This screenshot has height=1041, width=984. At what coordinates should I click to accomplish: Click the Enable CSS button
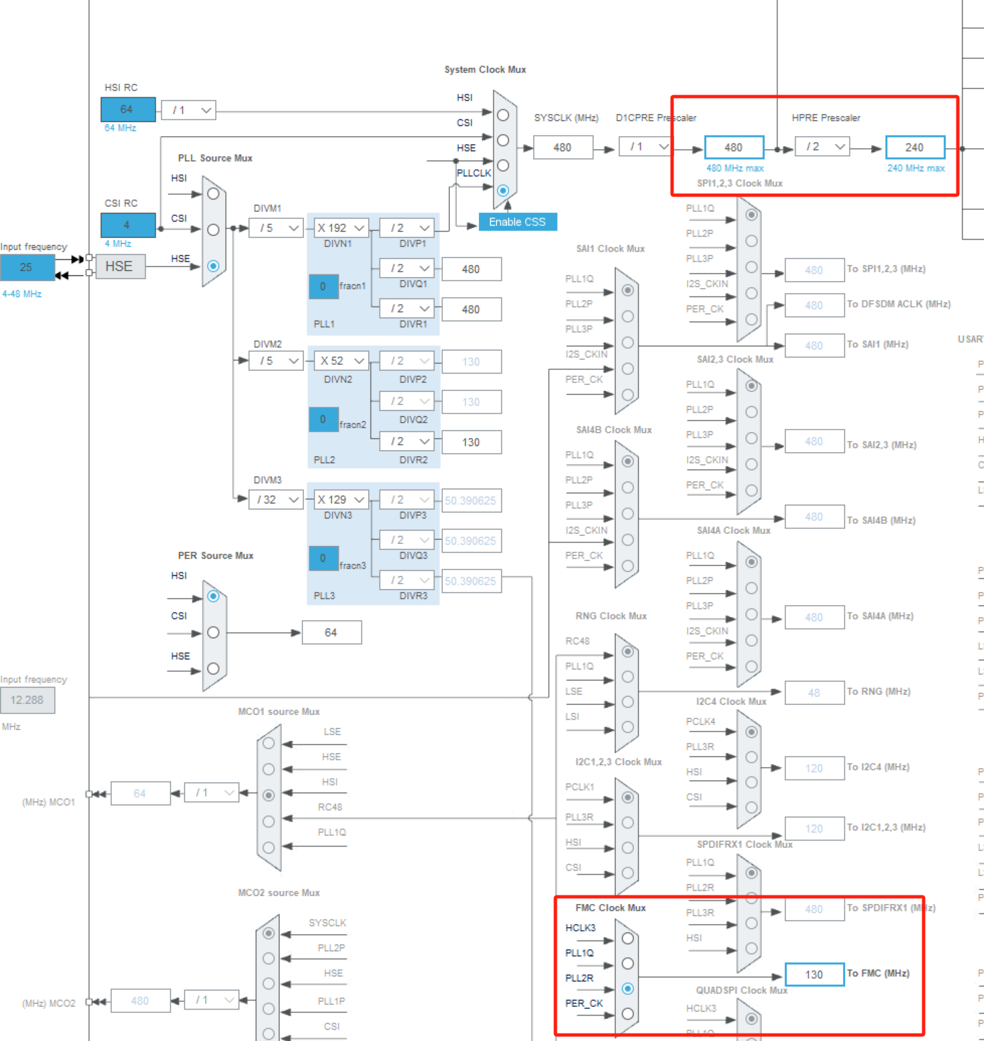click(x=517, y=222)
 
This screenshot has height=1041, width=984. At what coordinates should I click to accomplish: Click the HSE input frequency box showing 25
click(x=27, y=267)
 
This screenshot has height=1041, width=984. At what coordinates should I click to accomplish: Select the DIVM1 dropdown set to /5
click(x=276, y=228)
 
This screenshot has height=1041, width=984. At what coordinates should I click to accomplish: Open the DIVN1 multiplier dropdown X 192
click(x=341, y=228)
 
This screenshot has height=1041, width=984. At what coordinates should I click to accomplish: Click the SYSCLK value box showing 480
click(x=563, y=148)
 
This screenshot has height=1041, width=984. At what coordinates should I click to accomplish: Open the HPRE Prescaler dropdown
click(x=822, y=147)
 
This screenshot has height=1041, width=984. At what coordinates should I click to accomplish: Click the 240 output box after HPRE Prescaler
click(x=914, y=148)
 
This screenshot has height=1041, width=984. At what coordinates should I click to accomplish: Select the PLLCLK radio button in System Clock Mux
click(x=503, y=190)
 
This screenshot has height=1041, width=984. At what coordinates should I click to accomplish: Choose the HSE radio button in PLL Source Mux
click(x=213, y=266)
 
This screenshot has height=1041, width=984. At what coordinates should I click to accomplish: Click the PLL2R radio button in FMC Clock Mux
click(x=628, y=989)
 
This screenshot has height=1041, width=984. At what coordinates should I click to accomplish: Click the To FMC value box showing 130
click(x=814, y=975)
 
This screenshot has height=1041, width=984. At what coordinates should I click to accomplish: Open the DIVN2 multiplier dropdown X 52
click(x=341, y=361)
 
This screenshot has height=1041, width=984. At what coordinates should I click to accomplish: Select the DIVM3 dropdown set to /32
click(x=276, y=500)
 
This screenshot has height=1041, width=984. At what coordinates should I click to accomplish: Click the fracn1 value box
click(x=323, y=286)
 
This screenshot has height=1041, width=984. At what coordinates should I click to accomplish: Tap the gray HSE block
click(x=120, y=266)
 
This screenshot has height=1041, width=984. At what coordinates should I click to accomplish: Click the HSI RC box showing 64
click(x=127, y=109)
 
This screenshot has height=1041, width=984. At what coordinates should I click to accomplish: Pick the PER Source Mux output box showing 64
click(x=331, y=633)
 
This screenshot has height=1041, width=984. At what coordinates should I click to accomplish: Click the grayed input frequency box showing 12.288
click(x=28, y=700)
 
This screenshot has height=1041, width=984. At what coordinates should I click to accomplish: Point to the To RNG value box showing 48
click(x=814, y=693)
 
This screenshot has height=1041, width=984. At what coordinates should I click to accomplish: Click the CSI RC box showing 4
click(x=127, y=225)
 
